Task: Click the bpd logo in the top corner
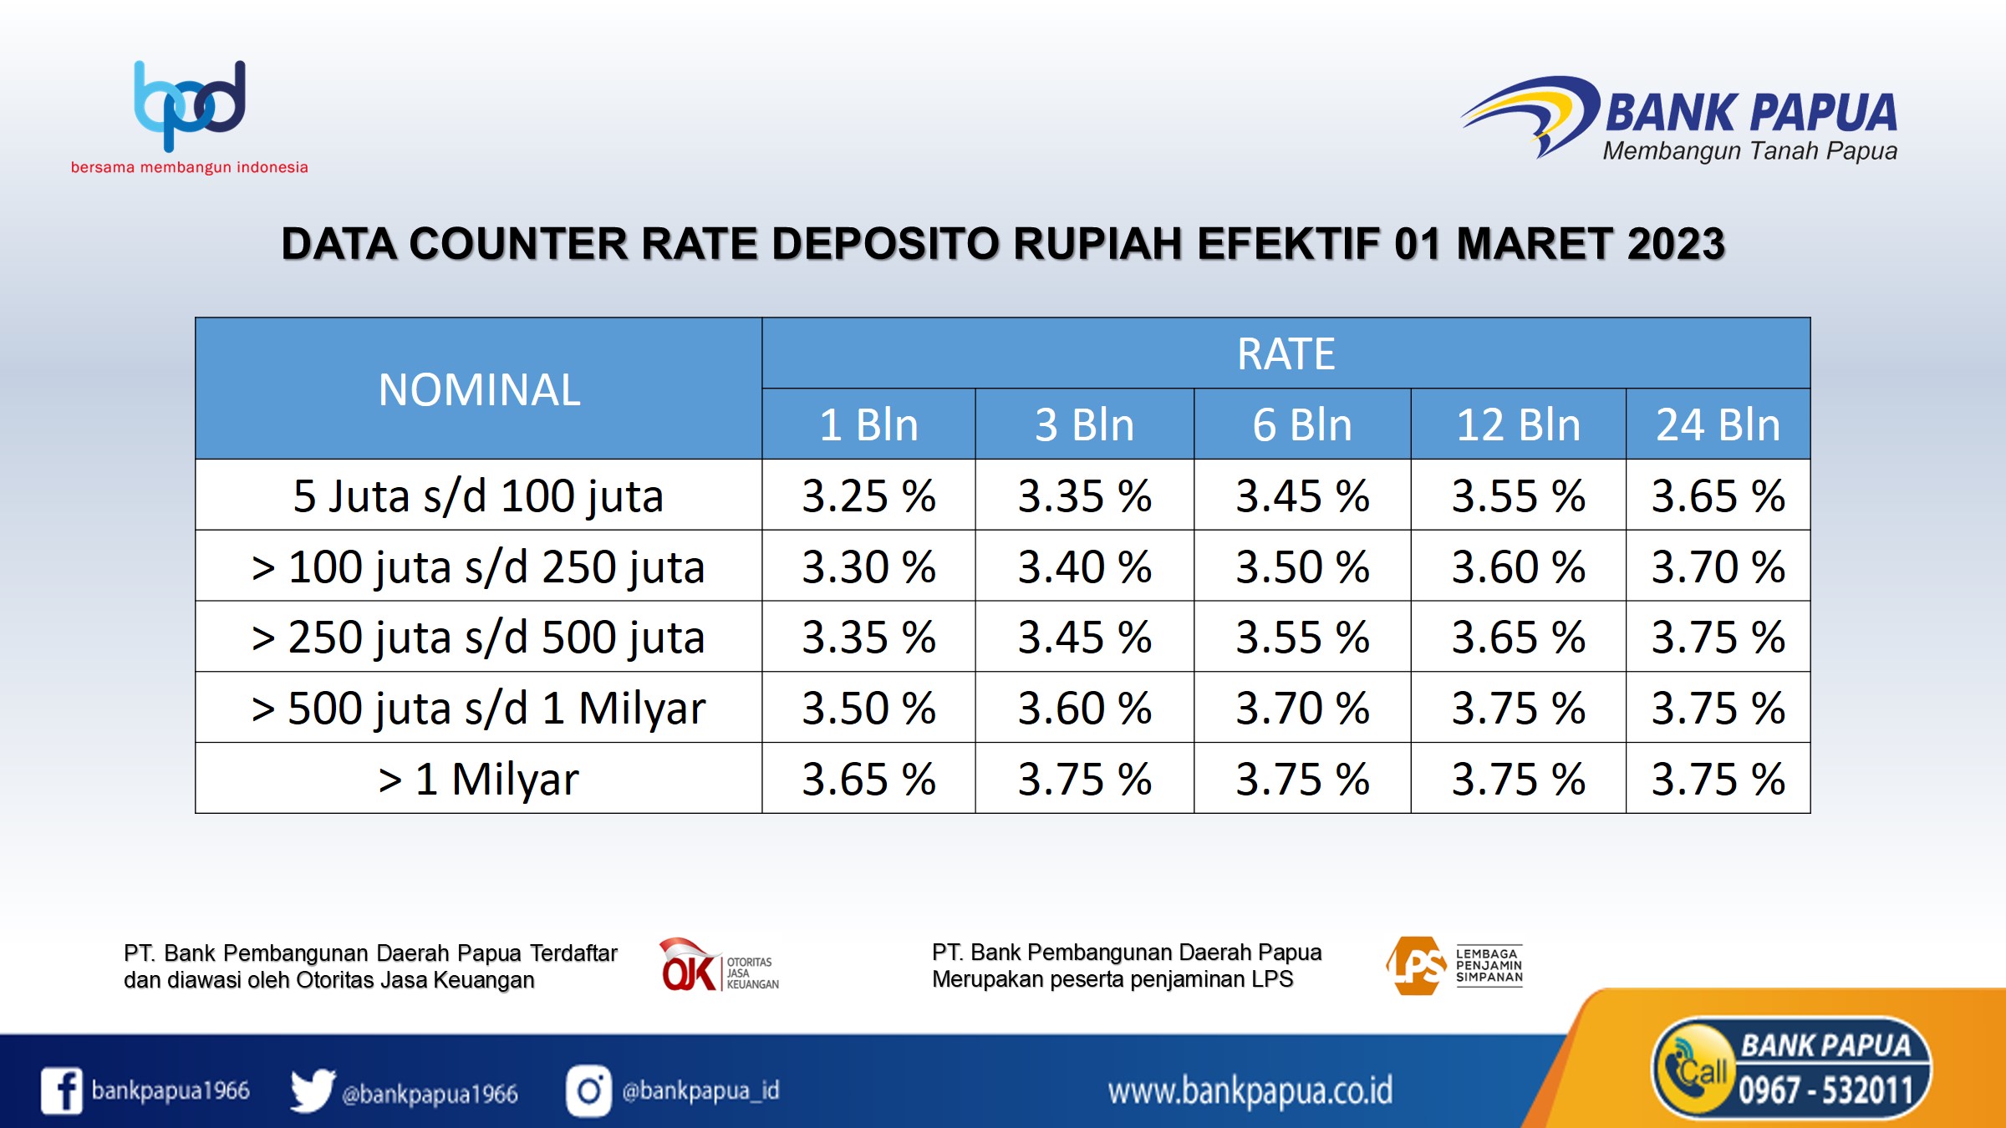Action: (x=190, y=106)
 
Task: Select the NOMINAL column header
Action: (x=479, y=389)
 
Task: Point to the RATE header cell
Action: (x=1286, y=353)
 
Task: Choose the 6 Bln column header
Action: (x=1302, y=424)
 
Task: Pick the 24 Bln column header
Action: (x=1718, y=424)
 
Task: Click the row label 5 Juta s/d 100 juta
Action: (x=479, y=495)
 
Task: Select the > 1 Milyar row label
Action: (x=479, y=779)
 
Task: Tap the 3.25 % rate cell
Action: (x=869, y=495)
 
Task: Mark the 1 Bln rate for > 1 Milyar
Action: (x=869, y=779)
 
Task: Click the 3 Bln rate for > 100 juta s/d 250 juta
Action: (x=1085, y=567)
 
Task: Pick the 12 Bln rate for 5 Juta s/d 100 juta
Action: (x=1519, y=495)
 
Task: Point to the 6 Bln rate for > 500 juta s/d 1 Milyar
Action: (x=1302, y=708)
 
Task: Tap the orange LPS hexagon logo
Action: (x=1417, y=966)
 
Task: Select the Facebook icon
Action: (x=62, y=1090)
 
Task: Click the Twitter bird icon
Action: (x=313, y=1090)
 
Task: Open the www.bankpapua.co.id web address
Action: (x=1250, y=1091)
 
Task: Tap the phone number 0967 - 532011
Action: (x=1825, y=1090)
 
